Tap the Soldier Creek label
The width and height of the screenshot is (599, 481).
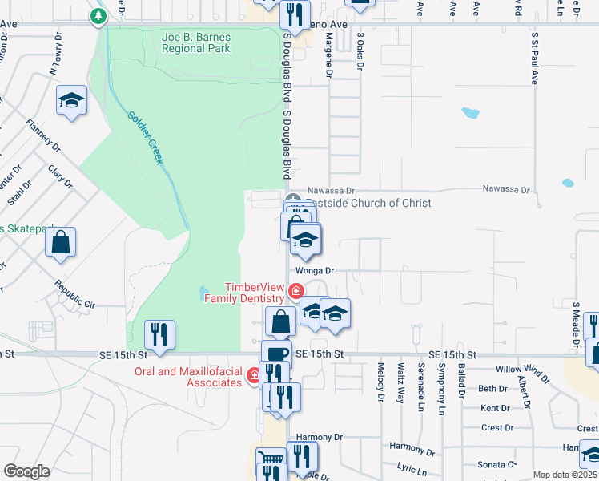[x=146, y=137]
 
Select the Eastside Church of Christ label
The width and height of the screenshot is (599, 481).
[x=369, y=203]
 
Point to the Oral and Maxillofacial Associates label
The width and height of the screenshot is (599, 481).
[x=188, y=377]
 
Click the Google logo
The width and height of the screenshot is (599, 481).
[x=27, y=471]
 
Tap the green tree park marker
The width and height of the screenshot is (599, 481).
[x=98, y=16]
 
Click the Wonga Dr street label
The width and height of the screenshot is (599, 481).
[x=314, y=271]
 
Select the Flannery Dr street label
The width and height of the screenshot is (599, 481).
[x=42, y=135]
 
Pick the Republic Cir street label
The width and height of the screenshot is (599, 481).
[x=74, y=295]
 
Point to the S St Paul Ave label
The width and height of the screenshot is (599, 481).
[x=533, y=59]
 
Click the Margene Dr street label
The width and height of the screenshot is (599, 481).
[x=328, y=61]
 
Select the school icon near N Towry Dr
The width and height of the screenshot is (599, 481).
[x=71, y=101]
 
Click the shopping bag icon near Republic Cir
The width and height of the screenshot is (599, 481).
[x=61, y=243]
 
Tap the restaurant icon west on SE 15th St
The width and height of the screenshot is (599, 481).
[x=160, y=334]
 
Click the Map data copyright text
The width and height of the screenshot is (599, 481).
[x=565, y=475]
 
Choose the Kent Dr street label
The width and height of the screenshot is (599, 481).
[x=495, y=408]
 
